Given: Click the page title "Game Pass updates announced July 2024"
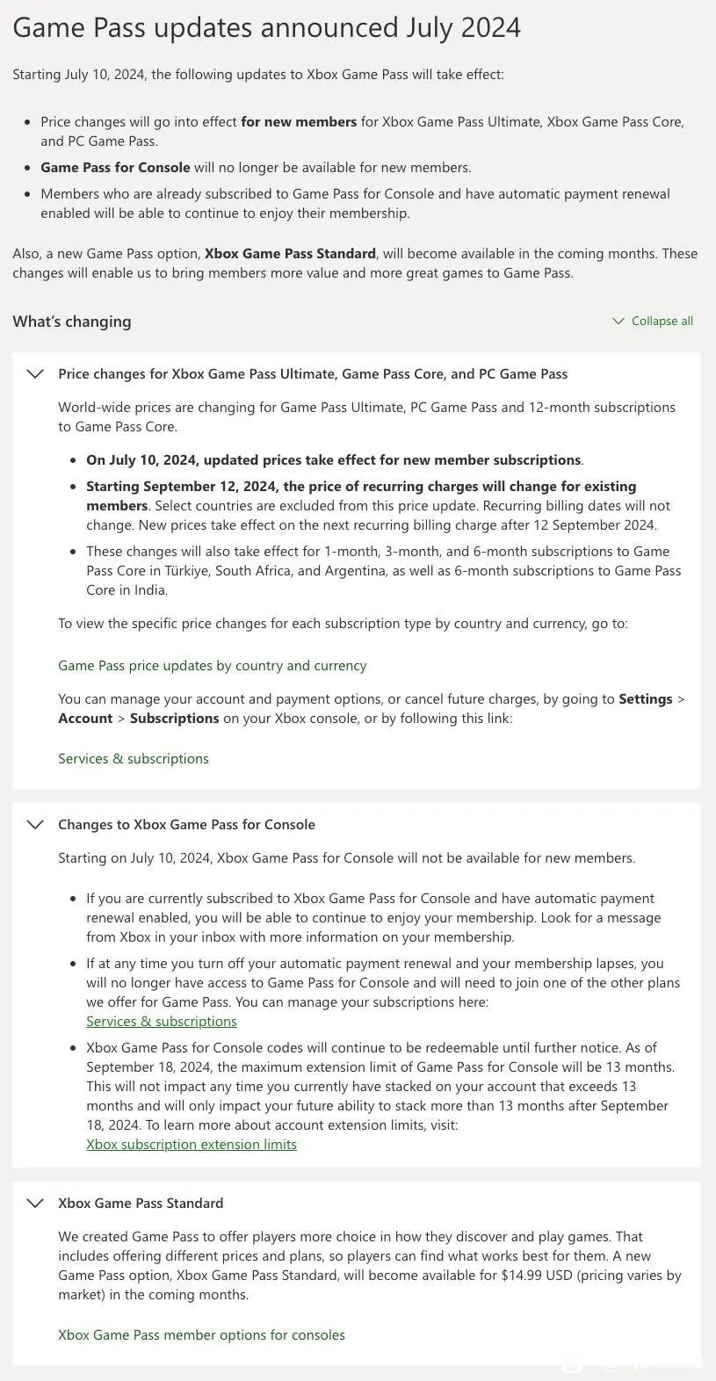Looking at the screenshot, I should click(x=266, y=28).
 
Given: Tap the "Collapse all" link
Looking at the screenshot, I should click(x=662, y=321).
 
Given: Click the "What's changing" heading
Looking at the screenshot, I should click(x=72, y=322).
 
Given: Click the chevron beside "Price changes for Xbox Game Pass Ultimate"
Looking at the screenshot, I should click(x=35, y=373).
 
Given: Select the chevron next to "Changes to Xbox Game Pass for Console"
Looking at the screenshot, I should click(x=35, y=824).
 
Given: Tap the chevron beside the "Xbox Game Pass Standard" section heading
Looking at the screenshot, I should click(x=35, y=1203).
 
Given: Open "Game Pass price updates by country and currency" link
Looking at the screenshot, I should click(x=212, y=665).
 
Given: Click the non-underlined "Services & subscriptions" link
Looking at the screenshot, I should click(x=134, y=758).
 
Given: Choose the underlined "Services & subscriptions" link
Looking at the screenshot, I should click(x=162, y=1021).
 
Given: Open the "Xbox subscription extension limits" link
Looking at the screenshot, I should click(x=192, y=1144).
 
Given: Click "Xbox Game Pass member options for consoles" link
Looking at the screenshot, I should click(x=201, y=1334).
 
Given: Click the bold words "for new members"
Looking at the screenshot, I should click(x=299, y=122).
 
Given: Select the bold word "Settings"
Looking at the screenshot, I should click(x=645, y=699).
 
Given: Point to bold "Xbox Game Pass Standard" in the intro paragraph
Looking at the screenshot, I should click(x=290, y=254).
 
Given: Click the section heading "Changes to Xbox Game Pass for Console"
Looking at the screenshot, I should click(x=186, y=824).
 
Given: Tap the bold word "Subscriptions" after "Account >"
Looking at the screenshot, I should click(x=174, y=718).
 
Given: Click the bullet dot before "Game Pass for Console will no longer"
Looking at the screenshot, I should click(x=28, y=167).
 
